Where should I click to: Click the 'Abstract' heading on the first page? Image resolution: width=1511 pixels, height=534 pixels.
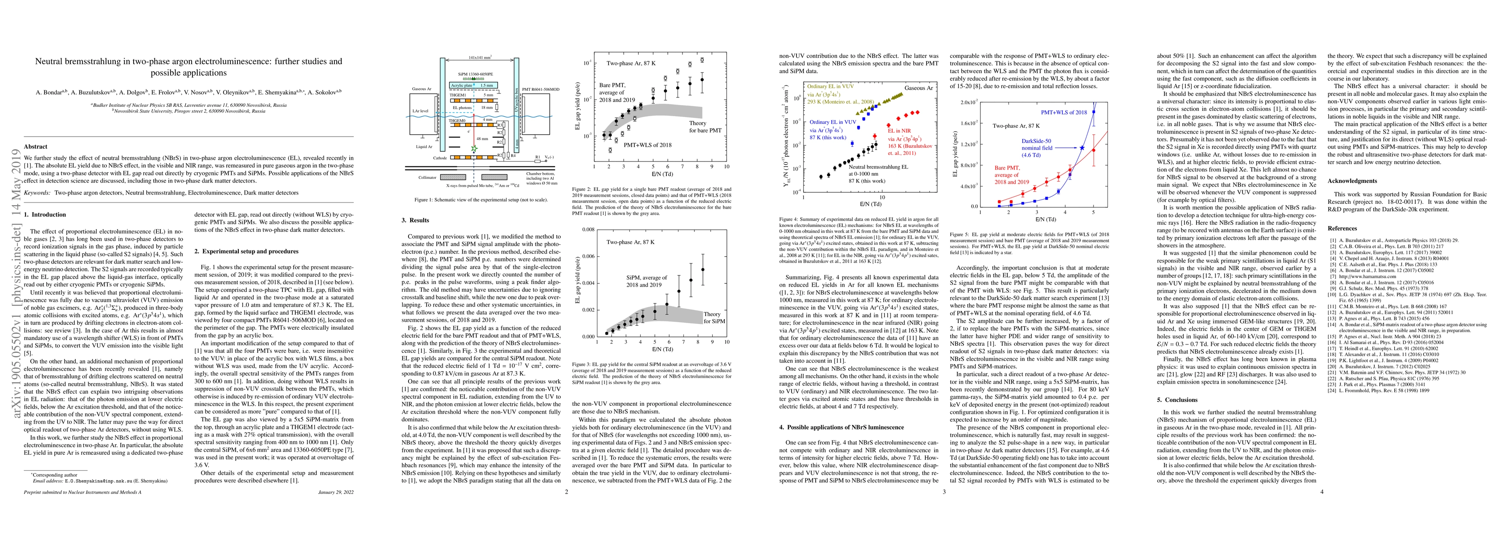(35, 146)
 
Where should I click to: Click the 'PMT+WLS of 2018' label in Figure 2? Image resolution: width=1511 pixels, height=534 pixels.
(648, 161)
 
